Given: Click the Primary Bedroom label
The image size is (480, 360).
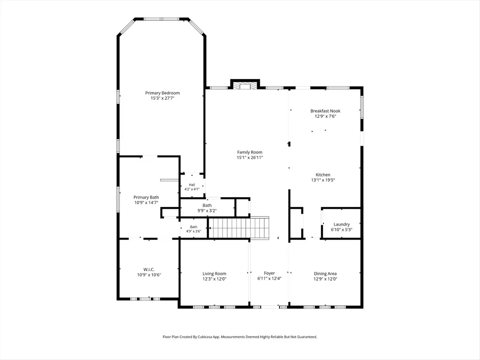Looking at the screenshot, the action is tap(162, 93).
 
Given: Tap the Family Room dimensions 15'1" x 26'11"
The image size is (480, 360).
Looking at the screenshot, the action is tap(250, 158).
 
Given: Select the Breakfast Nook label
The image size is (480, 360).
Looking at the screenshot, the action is tap(325, 111).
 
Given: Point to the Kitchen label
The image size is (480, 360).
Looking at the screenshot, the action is tap(323, 175).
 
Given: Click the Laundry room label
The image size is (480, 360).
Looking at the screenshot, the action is tap(342, 224).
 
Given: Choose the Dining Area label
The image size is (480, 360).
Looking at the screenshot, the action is tap(325, 274).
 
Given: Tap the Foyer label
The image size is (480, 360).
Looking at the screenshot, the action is tap(269, 273).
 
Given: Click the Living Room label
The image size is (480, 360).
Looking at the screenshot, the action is tap(214, 274).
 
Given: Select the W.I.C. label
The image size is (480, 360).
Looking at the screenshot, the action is tap(149, 270).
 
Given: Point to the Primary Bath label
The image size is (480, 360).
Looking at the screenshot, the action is tap(146, 198).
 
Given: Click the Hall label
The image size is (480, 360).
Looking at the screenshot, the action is tap(192, 185).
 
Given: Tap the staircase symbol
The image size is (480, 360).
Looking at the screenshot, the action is tap(238, 228).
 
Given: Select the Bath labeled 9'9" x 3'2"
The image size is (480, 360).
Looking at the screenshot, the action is tap(207, 206).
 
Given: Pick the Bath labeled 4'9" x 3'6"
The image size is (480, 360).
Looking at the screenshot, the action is tap(193, 227).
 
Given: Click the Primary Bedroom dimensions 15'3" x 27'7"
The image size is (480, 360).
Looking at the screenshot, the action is tap(162, 98).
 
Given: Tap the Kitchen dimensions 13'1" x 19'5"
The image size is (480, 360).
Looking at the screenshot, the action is tap(323, 180).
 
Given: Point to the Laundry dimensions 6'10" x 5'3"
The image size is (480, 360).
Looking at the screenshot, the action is tap(342, 229).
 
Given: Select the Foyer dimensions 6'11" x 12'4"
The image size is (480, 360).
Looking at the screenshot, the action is tap(269, 279).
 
